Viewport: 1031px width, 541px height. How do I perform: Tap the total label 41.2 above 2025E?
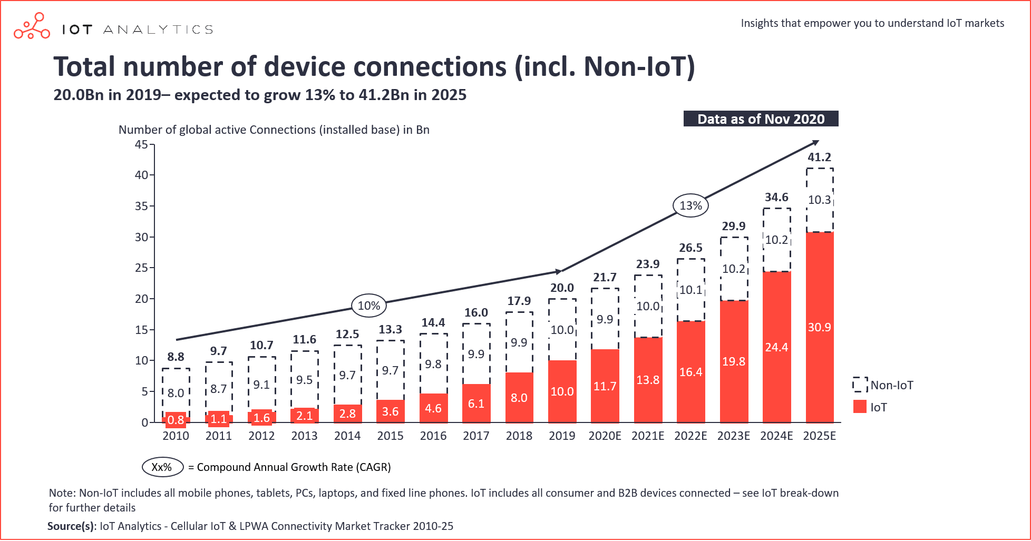(x=819, y=157)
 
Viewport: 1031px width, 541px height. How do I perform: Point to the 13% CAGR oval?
(x=690, y=205)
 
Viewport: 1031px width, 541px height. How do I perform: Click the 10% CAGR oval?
(x=369, y=306)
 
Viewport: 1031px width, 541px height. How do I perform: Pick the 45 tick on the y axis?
(x=141, y=144)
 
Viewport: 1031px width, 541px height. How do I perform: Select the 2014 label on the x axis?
(x=347, y=436)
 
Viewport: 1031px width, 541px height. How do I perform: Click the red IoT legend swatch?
(x=860, y=407)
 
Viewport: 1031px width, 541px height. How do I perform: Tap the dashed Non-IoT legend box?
(x=860, y=385)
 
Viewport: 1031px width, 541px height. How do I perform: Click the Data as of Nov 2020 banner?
(x=761, y=119)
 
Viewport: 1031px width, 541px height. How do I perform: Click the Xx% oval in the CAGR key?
(x=162, y=467)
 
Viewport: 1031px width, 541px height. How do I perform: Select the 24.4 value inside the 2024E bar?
(x=776, y=348)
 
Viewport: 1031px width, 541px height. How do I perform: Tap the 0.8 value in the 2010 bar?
(x=176, y=420)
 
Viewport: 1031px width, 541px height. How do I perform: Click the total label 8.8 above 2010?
(x=176, y=357)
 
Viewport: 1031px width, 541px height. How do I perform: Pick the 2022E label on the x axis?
(x=690, y=436)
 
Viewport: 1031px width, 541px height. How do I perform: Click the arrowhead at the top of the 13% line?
(x=816, y=142)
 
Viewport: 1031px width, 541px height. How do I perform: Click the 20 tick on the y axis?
(x=141, y=299)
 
